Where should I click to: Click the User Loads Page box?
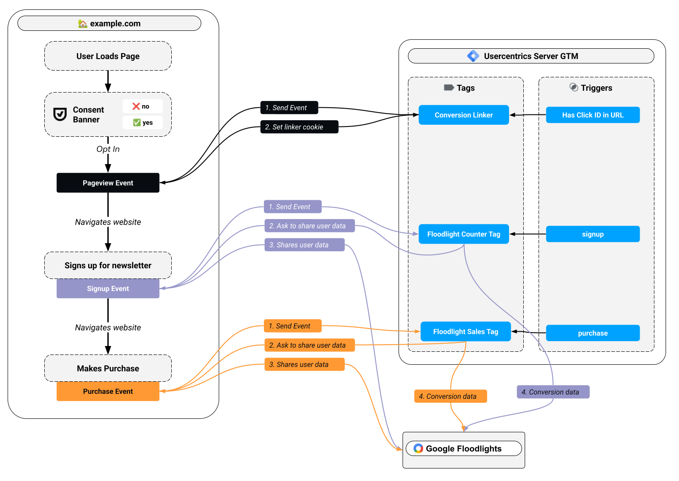[108, 56]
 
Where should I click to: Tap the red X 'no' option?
[142, 106]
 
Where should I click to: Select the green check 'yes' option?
[143, 122]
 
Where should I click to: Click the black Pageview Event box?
[108, 183]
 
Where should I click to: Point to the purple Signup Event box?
[108, 289]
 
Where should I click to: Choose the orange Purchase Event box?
[108, 391]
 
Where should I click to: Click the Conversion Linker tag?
[463, 115]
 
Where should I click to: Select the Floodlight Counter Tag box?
[463, 234]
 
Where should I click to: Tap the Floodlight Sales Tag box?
[465, 332]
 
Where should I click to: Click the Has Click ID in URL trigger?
[593, 115]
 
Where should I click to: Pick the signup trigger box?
[593, 234]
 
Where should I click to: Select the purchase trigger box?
[593, 333]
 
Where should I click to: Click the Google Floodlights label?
[463, 449]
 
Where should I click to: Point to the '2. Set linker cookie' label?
[299, 127]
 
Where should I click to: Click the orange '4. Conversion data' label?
[450, 396]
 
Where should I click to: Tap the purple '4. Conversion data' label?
[553, 392]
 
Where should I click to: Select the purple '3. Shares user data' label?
[304, 245]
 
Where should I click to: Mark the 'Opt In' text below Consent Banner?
[108, 149]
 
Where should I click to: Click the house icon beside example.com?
[83, 24]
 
